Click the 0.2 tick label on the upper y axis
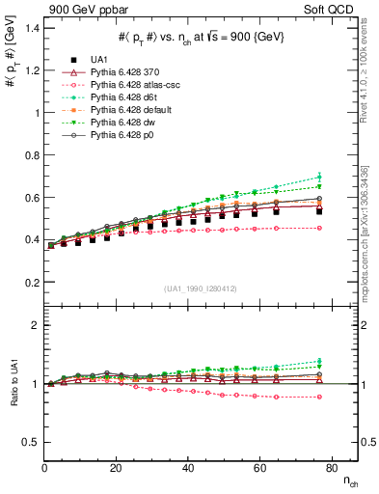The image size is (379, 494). point(28,283)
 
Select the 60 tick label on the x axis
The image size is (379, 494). point(258,467)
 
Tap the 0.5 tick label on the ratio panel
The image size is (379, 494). point(28,442)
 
